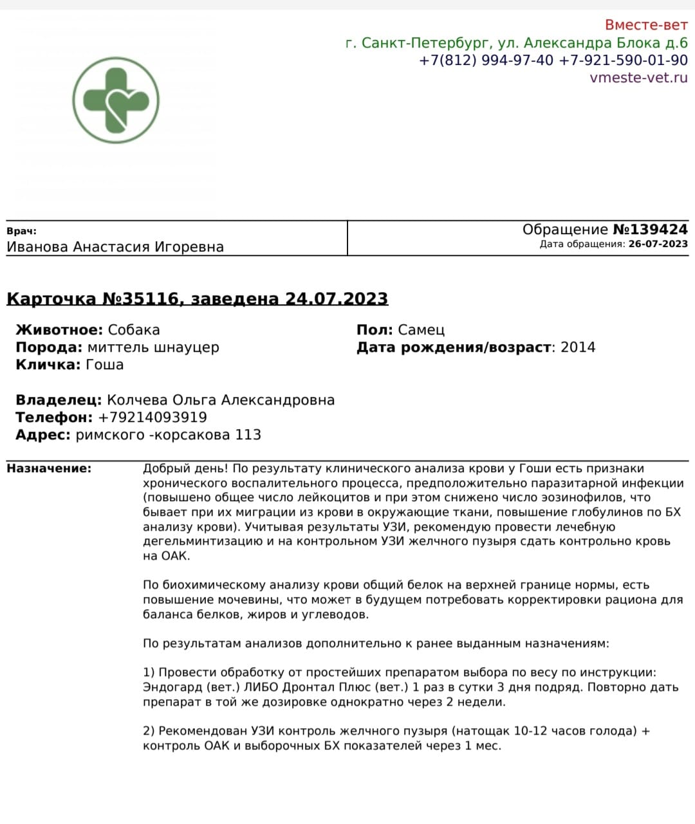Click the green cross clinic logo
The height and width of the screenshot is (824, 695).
tap(115, 100)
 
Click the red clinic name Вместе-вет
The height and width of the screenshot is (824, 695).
tap(645, 25)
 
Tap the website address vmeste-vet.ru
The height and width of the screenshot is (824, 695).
tap(638, 78)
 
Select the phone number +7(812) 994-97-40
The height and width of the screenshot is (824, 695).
tap(486, 60)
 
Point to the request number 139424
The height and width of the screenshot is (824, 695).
tap(658, 230)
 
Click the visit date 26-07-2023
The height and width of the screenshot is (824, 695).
tap(658, 244)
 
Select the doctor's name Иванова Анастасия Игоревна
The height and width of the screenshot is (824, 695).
tap(115, 247)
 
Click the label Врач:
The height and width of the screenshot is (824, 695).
tap(22, 231)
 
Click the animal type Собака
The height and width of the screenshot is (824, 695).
tap(134, 330)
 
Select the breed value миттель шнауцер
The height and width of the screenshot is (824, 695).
tap(153, 347)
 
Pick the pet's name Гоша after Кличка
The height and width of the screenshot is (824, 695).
tap(104, 365)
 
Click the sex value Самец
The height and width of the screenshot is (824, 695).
tap(421, 330)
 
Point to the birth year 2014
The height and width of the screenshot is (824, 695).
tap(578, 347)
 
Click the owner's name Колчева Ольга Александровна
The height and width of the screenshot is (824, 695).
tap(221, 400)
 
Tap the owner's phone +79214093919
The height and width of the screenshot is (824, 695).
tap(153, 417)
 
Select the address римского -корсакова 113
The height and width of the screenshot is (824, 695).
tap(168, 435)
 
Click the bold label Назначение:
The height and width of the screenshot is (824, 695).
tap(49, 468)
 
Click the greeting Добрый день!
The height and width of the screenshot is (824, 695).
tap(183, 468)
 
